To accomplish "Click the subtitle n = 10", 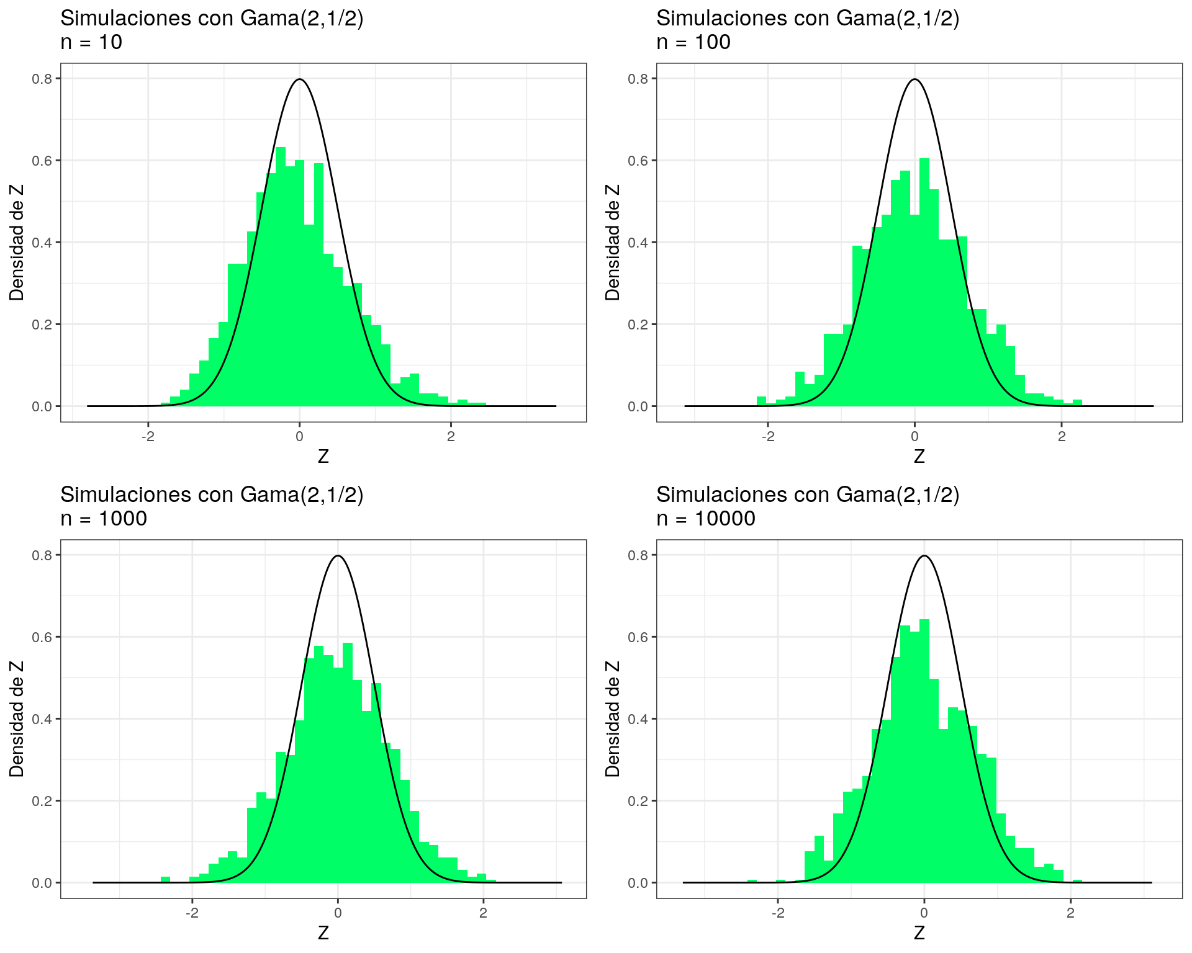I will tap(91, 42).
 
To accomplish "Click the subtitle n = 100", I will tap(693, 42).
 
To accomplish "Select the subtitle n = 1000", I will tap(104, 518).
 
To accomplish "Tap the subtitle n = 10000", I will tap(705, 518).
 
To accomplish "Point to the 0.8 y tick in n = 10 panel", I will tap(42, 79).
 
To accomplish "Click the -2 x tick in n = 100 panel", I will tap(767, 436).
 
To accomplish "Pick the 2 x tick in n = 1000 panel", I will tap(483, 913).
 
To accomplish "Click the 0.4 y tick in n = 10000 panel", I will tap(638, 719).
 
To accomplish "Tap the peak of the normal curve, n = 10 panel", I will tap(300, 79).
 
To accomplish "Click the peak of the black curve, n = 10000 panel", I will tap(924, 556).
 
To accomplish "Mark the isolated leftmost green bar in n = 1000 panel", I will tap(165, 879).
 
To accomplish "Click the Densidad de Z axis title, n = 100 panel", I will tap(613, 242).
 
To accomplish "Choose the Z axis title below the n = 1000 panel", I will tap(323, 933).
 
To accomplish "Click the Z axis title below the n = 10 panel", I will tap(323, 457).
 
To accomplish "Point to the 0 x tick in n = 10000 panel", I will tap(924, 913).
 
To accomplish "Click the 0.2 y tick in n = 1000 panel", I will tap(42, 801).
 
